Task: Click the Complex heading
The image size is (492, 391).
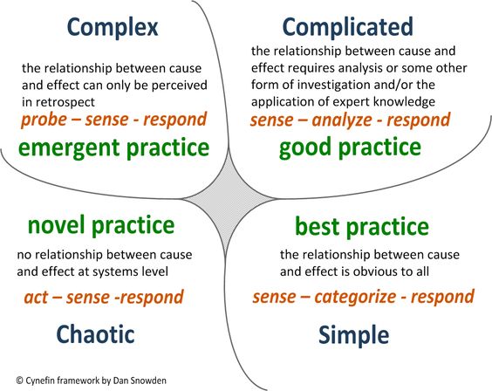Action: click(x=113, y=28)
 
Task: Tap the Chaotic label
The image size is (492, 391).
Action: click(x=97, y=333)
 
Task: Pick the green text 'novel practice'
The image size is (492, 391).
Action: click(x=100, y=225)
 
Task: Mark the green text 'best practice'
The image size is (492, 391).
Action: click(x=360, y=228)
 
